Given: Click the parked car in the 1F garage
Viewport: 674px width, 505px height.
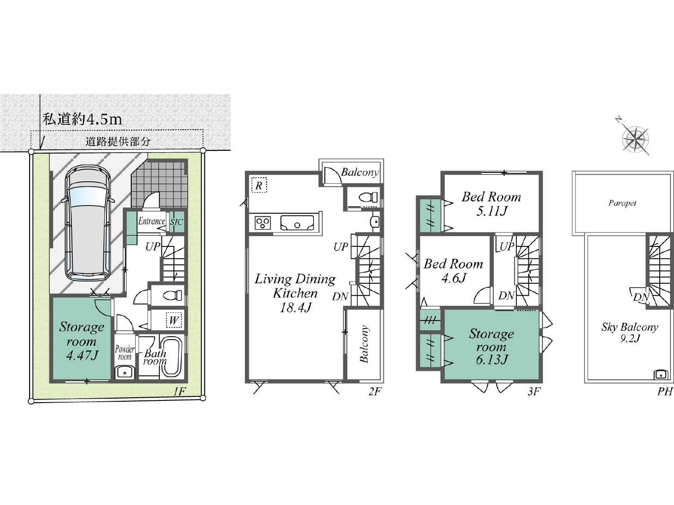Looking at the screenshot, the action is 88,222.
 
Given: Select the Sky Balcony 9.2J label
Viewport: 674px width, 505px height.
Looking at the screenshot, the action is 630,332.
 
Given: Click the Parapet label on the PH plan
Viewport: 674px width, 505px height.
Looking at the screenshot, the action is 622,203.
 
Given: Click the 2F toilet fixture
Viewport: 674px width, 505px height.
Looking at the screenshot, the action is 368,197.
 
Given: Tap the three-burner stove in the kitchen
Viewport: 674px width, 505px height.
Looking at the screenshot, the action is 262,223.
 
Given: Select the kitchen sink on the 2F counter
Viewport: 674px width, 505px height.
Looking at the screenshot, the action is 297,223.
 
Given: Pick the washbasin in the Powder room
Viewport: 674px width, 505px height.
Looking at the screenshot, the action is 125,373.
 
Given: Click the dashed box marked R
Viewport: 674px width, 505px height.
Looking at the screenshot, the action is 259,185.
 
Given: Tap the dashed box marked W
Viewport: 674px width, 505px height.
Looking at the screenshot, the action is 174,320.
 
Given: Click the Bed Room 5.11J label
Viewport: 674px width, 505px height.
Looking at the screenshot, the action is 491,204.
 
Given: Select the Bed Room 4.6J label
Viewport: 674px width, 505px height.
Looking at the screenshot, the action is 453,271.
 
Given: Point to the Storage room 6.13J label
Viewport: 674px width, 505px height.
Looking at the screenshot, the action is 491,347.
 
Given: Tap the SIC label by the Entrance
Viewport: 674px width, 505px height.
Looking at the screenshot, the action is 176,222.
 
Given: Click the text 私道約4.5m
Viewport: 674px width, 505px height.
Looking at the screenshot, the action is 82,119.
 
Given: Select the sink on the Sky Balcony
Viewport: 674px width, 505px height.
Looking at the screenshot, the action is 661,374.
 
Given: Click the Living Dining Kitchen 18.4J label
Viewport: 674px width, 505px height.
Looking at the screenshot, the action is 295,294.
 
